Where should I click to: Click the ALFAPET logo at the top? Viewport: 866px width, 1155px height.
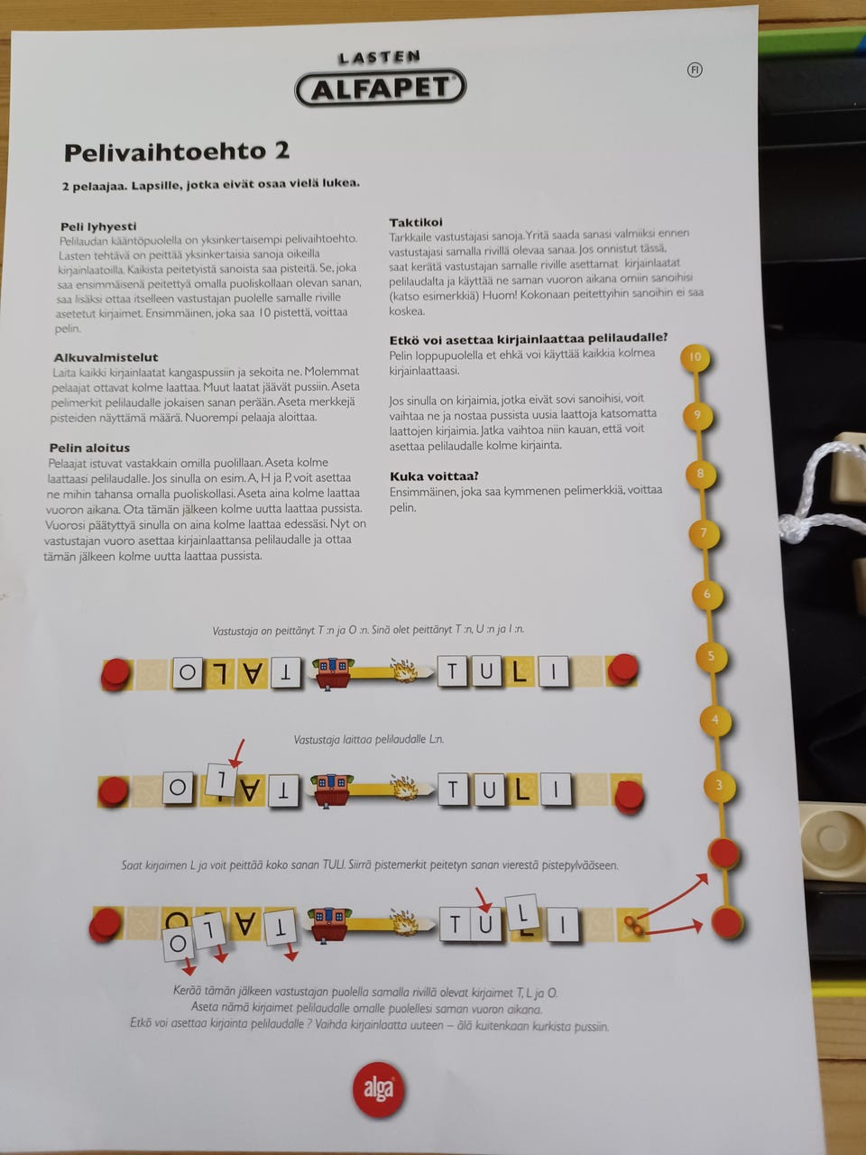point(380,88)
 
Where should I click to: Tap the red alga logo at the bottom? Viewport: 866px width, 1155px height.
point(379,1089)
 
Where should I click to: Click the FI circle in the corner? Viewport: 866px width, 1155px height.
point(695,69)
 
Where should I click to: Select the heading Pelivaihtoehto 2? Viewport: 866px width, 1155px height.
point(177,152)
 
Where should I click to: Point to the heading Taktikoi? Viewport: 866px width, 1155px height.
point(415,222)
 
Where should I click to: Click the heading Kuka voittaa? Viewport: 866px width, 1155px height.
point(434,476)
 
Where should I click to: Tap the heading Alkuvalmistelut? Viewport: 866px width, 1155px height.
point(106,357)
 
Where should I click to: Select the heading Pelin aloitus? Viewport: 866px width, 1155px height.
point(89,448)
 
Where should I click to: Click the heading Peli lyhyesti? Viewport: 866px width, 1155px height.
point(98,226)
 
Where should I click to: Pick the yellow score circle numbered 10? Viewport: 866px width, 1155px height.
point(696,358)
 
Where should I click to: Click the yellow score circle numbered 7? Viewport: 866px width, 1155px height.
point(704,533)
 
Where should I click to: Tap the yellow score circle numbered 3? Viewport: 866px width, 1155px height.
point(719,786)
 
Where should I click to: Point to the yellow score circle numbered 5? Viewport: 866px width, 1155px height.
point(711,657)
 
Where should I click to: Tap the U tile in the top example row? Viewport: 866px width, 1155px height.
point(486,671)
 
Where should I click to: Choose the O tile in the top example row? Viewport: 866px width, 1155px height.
point(188,672)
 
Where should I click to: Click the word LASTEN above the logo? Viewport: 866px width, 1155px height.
point(379,57)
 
